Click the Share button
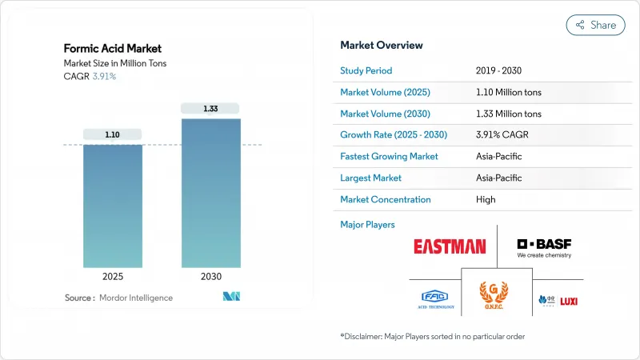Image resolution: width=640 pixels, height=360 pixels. (x=595, y=25)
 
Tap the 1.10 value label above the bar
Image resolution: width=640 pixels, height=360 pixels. (x=113, y=134)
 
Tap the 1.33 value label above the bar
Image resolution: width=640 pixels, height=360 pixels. (x=210, y=108)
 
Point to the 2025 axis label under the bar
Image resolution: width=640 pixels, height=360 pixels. (x=113, y=277)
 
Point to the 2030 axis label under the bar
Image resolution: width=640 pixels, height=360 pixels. (x=210, y=277)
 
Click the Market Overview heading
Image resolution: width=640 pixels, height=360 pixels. (x=382, y=45)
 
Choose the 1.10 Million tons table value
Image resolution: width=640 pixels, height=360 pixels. (x=509, y=92)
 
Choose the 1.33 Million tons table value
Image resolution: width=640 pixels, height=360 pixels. (x=509, y=114)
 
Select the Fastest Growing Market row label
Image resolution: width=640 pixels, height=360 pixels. (x=389, y=156)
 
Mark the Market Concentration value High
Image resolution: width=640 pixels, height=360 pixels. (x=486, y=199)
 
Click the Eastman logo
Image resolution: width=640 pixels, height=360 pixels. (x=449, y=246)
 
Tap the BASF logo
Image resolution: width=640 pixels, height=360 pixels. (x=544, y=248)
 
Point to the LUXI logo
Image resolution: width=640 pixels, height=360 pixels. (x=569, y=301)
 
